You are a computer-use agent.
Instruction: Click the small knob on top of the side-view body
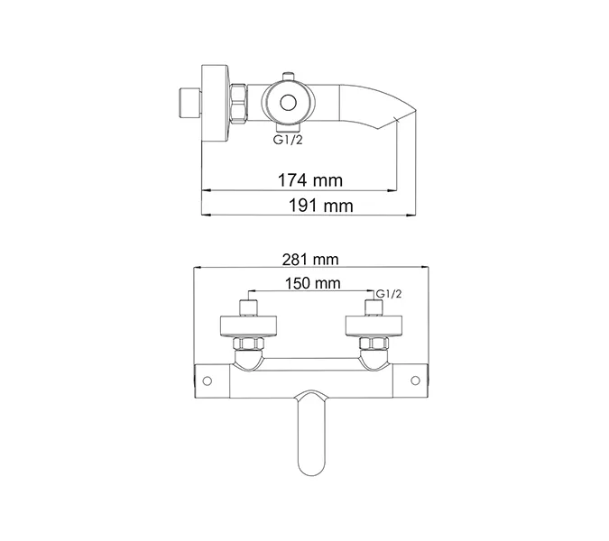click(290, 76)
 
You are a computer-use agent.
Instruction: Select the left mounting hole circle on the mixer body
click(207, 380)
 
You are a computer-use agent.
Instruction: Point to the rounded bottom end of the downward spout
click(309, 467)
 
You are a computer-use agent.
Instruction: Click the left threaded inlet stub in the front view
click(247, 306)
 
